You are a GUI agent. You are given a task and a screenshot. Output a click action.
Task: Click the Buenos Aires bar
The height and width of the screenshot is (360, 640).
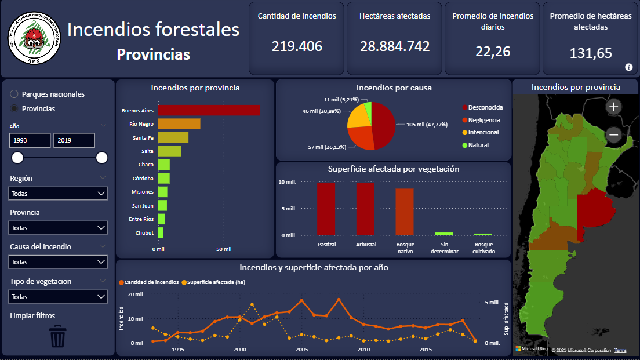coord(209,110)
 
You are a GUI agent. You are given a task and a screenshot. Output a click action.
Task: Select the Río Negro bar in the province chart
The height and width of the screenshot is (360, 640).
coord(179,123)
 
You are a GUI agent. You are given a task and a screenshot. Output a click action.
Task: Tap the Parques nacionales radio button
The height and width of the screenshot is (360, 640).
coord(14,94)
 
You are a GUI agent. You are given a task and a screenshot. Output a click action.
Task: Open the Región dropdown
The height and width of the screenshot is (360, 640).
coord(58,194)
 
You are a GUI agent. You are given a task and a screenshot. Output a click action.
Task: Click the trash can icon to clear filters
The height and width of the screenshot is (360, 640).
coord(58,336)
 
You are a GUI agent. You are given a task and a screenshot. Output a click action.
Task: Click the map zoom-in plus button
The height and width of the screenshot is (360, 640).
coord(613,107)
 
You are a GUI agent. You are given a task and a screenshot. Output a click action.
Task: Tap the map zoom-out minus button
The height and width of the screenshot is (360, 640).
coord(613,135)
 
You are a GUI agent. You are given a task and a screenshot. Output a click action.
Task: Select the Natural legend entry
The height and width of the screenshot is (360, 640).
coord(478,145)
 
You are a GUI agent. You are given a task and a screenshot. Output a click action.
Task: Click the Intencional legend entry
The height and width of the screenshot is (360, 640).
coord(483,132)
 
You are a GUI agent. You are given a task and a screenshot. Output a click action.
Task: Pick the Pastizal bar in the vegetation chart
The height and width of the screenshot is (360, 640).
coord(326,209)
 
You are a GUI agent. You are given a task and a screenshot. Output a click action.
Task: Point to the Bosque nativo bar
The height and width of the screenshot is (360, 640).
coord(405,212)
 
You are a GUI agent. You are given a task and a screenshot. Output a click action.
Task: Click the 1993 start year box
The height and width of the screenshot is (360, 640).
coord(30,140)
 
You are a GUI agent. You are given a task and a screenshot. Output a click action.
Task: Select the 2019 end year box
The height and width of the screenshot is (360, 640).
coord(74,140)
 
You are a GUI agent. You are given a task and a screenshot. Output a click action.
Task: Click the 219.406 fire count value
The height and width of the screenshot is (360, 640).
coord(297,46)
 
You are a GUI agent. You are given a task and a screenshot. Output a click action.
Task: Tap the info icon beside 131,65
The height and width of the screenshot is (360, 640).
coord(628,67)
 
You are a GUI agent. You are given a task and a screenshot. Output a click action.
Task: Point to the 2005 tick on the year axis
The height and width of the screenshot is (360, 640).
coord(301,350)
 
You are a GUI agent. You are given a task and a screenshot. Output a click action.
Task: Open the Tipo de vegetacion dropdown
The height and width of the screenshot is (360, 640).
coord(58,296)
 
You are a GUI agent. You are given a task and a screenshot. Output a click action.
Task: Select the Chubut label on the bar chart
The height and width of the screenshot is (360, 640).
coord(145,233)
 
